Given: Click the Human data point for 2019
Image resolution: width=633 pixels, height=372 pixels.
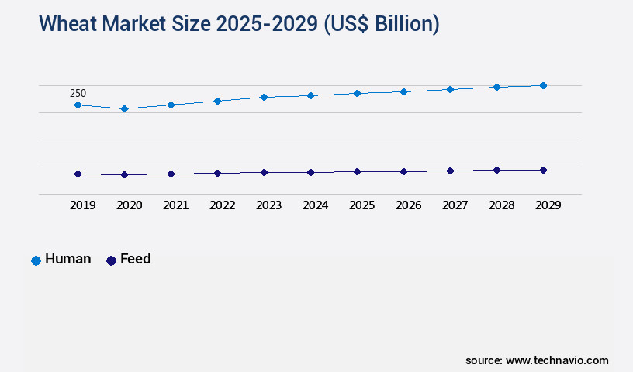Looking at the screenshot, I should [x=78, y=105].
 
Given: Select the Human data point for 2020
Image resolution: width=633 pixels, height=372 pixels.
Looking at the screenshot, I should [x=124, y=108].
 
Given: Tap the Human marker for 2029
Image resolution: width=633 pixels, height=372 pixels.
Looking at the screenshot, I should [x=543, y=85].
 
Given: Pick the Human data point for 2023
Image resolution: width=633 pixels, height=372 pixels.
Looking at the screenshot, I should [x=264, y=97].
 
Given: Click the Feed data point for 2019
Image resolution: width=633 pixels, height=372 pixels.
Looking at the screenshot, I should [x=78, y=174].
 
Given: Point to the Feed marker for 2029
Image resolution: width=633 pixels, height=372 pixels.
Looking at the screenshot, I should [x=543, y=170].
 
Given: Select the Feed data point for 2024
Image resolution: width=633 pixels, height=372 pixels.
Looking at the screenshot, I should [x=310, y=172].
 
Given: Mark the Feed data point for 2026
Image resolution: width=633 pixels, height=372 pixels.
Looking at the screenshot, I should [x=403, y=171].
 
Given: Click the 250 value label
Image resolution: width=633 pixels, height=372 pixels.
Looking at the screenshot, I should [x=78, y=93].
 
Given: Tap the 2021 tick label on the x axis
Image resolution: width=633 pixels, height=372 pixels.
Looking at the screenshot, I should [x=175, y=205].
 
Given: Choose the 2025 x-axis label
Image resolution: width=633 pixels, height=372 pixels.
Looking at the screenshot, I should [x=361, y=205].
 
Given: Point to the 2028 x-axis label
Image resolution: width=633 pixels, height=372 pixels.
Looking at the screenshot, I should [x=501, y=205].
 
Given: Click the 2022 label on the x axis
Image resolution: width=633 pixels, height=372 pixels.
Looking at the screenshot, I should [x=222, y=205].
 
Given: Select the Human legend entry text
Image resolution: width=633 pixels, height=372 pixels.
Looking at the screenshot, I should [x=67, y=259].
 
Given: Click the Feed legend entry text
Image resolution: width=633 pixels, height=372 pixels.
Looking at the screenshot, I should [x=135, y=259].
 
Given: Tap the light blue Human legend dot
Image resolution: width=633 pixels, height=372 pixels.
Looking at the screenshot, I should [x=36, y=260].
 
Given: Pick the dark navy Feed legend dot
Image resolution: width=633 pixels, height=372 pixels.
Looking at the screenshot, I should [x=111, y=260].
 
